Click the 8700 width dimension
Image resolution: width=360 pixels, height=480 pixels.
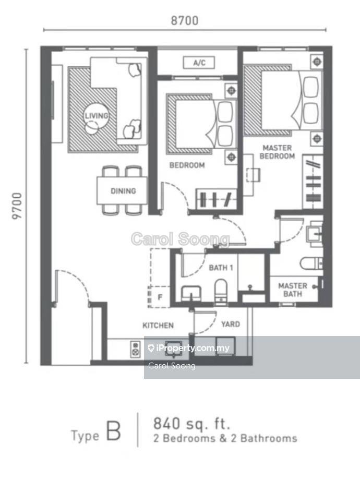pos(185,20)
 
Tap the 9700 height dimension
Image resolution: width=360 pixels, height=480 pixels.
pos(17,206)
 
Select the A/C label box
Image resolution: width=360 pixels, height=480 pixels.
pos(199,63)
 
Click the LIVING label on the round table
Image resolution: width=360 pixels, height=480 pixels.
pos(97,116)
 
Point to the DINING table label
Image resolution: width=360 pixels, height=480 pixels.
pos(123,191)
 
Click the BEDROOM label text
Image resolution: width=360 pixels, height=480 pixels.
pos(187,165)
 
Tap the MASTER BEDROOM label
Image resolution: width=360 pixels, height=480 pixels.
pos(278,152)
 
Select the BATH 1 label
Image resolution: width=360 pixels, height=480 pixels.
pos(221,268)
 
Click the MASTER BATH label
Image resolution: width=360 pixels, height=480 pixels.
pos(293,290)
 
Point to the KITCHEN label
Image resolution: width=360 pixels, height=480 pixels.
pos(158,325)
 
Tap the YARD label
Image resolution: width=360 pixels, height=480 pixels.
pos(231,324)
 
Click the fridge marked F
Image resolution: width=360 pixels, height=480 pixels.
pos(159,297)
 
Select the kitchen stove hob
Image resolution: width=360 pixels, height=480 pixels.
pos(135,349)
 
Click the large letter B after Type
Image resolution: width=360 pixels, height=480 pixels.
pos(113,431)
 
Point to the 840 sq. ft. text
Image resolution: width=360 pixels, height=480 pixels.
pos(191,424)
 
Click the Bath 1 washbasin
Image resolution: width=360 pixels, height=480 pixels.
pos(191,294)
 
